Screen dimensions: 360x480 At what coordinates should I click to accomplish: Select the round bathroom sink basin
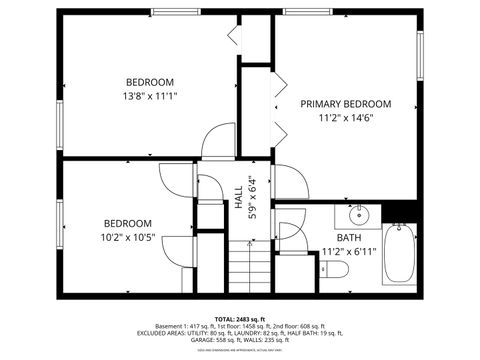coord(357,215)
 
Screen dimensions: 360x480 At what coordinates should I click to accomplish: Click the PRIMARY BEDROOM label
coord(346,104)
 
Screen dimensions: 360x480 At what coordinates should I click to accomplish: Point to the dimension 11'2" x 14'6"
coord(346,118)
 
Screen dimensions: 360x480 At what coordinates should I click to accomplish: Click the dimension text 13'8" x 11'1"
coord(150,96)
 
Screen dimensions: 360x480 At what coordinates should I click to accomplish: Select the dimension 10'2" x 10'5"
coord(128,238)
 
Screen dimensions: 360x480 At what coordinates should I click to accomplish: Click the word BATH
coord(348,238)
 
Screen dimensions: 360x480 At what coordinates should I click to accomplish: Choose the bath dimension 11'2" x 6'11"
coord(348,251)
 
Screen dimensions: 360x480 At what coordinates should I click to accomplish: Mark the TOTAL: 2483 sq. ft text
coord(240,315)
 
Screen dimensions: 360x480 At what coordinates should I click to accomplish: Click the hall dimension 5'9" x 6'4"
coord(252,197)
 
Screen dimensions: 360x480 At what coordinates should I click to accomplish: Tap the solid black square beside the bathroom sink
coord(400,212)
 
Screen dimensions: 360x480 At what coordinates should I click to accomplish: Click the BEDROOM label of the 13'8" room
coord(150,82)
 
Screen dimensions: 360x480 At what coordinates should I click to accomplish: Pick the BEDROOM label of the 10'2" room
coord(128,223)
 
